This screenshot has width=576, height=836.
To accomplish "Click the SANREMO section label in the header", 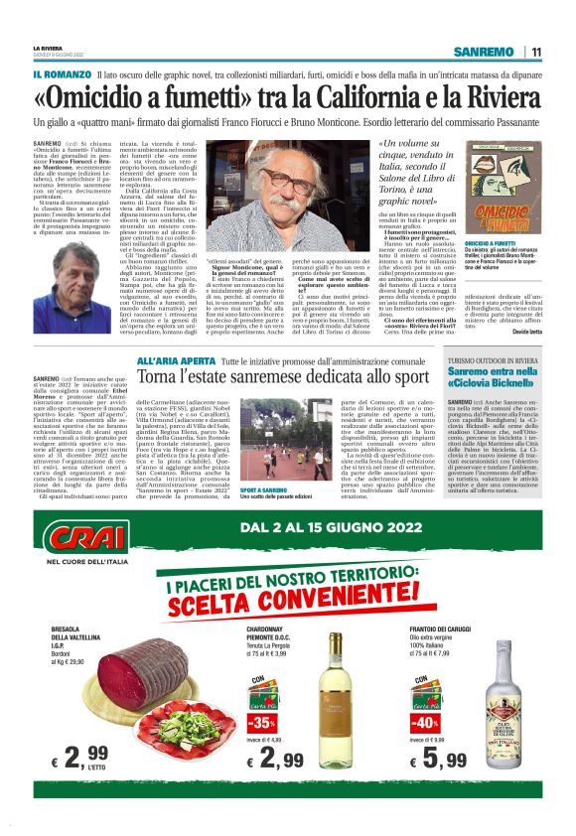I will pyautogui.click(x=483, y=52).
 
